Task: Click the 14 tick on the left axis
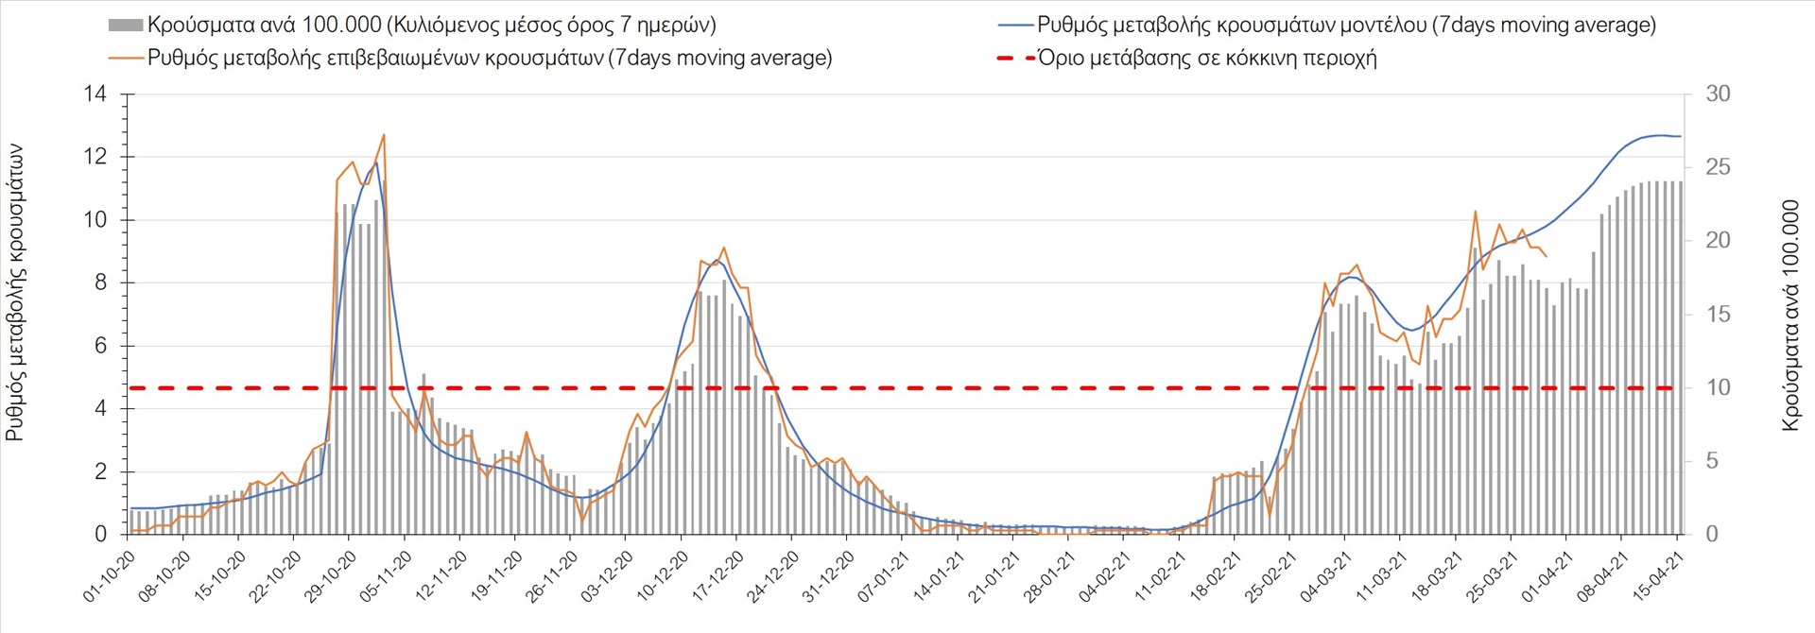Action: click(95, 94)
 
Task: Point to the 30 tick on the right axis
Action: click(1718, 94)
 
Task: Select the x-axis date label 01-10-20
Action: click(109, 577)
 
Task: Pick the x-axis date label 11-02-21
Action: click(1160, 577)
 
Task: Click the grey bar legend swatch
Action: click(126, 25)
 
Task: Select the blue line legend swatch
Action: click(1015, 25)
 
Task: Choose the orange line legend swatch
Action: click(126, 58)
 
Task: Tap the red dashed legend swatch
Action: click(1015, 58)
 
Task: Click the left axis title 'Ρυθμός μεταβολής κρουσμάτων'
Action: click(15, 293)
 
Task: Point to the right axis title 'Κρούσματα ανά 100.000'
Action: click(1789, 316)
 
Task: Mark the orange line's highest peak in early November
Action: click(384, 135)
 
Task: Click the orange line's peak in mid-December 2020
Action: click(723, 248)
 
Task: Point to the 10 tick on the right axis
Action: click(1718, 387)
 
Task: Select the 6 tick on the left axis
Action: click(100, 346)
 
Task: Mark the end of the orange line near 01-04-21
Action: click(1547, 256)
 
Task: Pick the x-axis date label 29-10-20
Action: click(330, 577)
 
